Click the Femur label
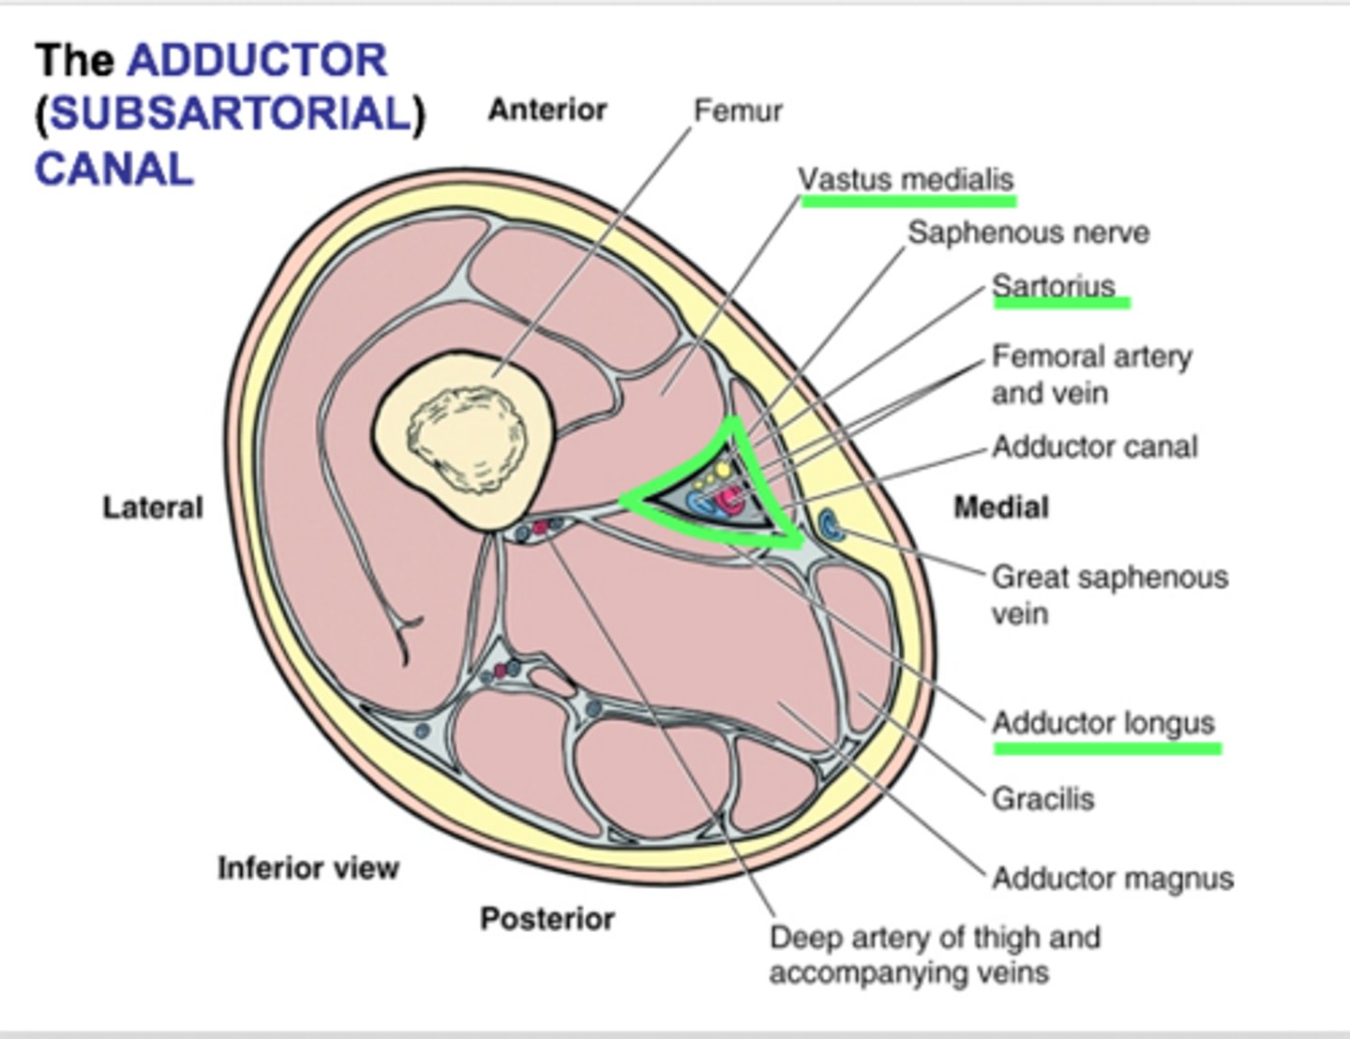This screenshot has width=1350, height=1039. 737,111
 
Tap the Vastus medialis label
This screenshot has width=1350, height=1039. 906,178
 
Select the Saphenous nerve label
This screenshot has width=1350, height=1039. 1027,233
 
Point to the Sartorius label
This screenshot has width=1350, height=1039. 1054,285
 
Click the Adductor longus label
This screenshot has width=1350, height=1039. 1103,723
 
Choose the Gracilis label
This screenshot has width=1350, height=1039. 1042,799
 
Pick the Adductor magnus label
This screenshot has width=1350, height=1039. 1113,879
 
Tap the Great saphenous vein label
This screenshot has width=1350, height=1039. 1109,595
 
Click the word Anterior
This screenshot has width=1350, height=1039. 547,110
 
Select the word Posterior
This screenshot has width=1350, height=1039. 547,918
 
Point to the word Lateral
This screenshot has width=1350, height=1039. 153,507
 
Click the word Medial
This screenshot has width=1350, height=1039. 1001,507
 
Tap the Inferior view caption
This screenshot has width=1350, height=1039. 308,868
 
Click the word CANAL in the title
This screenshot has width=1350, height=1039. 113,170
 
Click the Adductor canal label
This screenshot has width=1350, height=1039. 1094,446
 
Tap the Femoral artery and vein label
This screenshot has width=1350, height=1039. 1090,373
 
